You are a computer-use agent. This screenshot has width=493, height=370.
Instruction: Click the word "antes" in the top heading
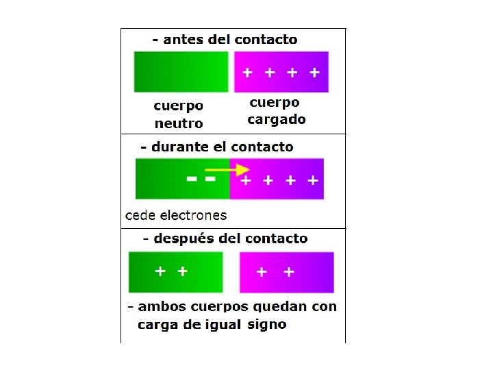[184, 40]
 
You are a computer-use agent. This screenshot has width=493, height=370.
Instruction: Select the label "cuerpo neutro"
[179, 114]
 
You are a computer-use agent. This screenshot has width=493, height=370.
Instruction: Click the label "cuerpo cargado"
[276, 111]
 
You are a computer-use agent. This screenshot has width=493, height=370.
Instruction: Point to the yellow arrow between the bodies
[228, 169]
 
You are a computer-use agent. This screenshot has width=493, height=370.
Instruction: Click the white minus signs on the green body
[201, 179]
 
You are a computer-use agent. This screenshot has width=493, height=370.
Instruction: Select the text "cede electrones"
[176, 215]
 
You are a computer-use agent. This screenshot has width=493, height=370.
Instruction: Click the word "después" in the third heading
[186, 238]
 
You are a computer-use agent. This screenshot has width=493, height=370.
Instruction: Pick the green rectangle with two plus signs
[176, 272]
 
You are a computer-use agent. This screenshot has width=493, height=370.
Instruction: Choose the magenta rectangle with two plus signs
[286, 272]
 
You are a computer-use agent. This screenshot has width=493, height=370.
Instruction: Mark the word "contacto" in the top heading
[266, 40]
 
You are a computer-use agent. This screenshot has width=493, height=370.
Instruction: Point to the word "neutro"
[179, 124]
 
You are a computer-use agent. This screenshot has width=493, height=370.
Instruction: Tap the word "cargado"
[277, 120]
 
